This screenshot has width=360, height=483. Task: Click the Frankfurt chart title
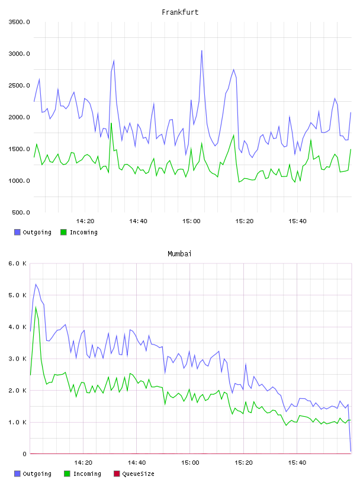click(180, 12)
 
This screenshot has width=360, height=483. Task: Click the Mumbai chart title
click(179, 253)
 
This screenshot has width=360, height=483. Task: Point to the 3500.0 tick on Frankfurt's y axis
click(19, 22)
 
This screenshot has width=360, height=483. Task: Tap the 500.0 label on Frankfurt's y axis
click(21, 212)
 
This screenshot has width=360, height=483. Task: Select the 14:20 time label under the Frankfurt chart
click(85, 221)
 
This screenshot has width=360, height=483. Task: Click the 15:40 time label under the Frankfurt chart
click(297, 221)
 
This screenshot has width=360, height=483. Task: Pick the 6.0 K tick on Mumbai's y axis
click(18, 263)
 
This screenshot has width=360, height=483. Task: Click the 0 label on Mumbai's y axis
click(24, 454)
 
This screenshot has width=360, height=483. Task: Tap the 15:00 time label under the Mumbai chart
click(190, 463)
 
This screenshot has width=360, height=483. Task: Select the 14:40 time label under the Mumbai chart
click(137, 463)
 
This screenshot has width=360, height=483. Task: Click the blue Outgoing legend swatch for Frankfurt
click(17, 232)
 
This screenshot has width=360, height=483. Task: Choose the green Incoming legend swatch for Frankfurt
click(63, 232)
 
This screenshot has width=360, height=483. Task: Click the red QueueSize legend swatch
click(117, 474)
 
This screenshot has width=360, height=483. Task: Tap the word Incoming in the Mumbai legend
click(87, 474)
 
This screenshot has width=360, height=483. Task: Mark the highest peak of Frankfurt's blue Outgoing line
click(201, 50)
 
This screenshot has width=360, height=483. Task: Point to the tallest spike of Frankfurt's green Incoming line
click(111, 123)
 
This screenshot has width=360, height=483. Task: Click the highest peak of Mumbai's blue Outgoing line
click(36, 284)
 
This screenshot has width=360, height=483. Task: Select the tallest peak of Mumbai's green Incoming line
click(36, 307)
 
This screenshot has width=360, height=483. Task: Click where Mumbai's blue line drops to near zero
click(351, 451)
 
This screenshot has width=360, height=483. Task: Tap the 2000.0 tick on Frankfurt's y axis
click(19, 117)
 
